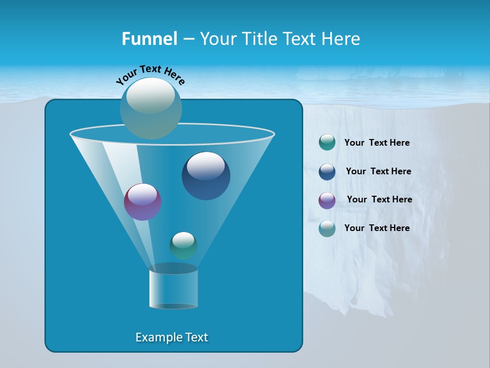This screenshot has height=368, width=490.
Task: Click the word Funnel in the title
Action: pos(149,39)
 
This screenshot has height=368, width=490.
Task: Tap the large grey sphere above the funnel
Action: pos(151,108)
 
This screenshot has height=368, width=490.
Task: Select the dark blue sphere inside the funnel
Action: pos(206,176)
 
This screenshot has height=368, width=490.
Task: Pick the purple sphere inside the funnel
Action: pos(142,202)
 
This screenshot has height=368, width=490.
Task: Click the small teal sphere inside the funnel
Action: pos(183,245)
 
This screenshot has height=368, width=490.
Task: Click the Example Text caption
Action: pos(171,337)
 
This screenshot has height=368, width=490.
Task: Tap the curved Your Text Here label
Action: pos(150,75)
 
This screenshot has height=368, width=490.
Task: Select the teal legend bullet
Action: pos(327,143)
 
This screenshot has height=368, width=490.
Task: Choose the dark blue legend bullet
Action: pos(327,172)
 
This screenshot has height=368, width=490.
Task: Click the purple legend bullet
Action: pos(327,200)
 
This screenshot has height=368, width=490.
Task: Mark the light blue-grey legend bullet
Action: pos(327,228)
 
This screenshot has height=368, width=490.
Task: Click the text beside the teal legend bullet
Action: pos(377,143)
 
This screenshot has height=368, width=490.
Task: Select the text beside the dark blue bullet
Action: pos(378,171)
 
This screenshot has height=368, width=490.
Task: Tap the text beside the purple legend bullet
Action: pos(379,199)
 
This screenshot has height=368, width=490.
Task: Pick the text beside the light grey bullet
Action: pos(377,228)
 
